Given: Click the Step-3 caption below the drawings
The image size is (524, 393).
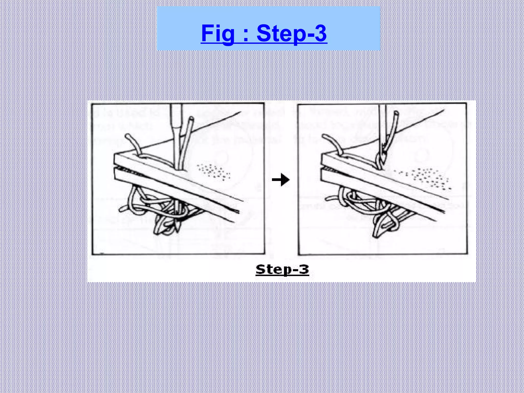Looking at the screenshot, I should point(282,269).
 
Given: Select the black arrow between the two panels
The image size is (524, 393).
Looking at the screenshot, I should point(281,180).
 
